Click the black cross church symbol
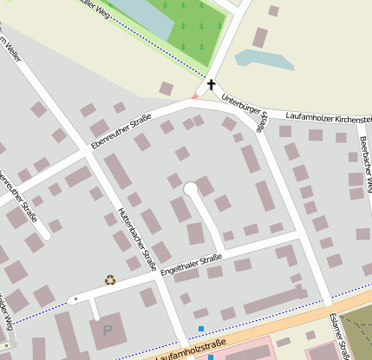210,85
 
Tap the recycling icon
110,279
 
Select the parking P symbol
108,330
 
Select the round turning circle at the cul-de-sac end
190,189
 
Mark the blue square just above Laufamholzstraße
202,328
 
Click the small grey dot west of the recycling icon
75,298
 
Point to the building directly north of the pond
259,37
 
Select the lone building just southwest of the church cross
166,88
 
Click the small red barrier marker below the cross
195,96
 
